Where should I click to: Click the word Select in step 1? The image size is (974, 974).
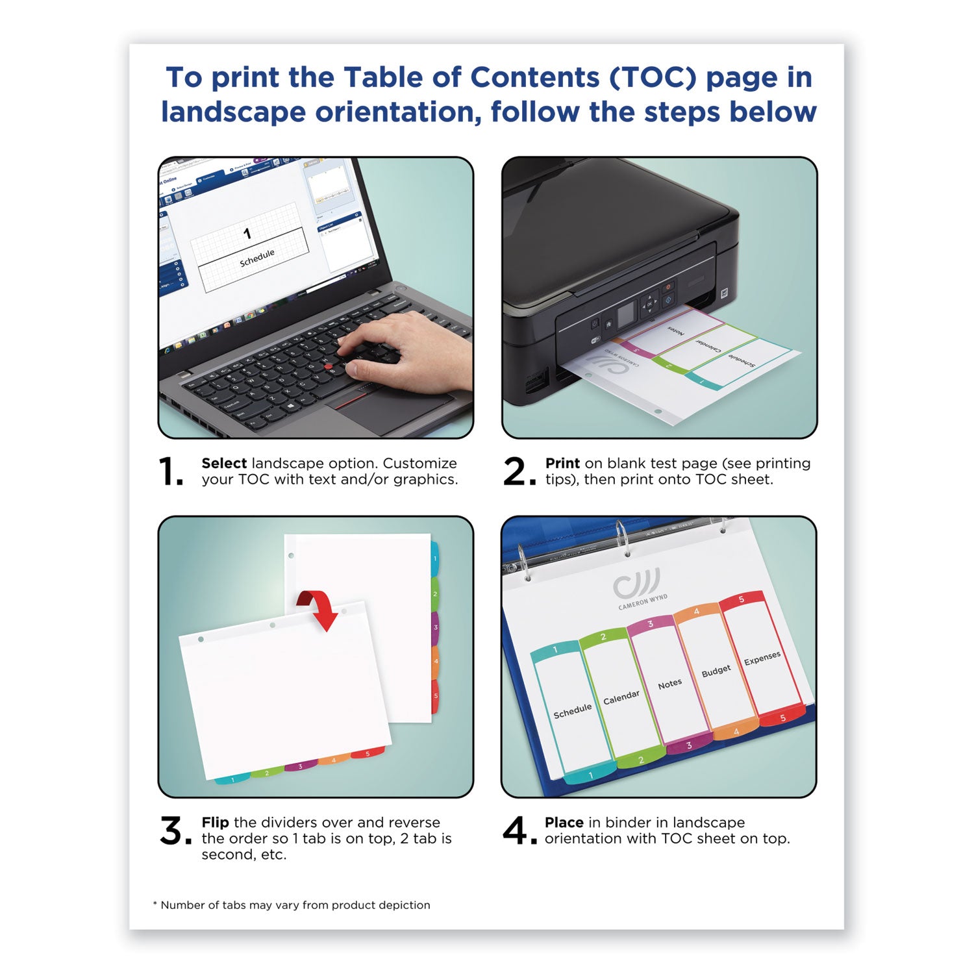click(x=223, y=464)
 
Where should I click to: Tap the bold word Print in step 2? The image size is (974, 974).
click(x=562, y=464)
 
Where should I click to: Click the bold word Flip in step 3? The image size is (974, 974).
click(x=215, y=823)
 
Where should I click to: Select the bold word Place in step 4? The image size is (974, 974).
click(x=564, y=823)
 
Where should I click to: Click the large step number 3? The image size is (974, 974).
click(x=173, y=831)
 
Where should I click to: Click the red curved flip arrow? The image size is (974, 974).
click(x=319, y=608)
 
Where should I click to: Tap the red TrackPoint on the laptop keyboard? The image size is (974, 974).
click(x=329, y=368)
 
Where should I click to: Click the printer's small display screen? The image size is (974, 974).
click(x=625, y=314)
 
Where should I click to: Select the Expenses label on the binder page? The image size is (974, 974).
click(x=762, y=658)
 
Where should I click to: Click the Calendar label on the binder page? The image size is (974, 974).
click(x=621, y=698)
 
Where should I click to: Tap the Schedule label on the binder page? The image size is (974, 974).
click(x=572, y=711)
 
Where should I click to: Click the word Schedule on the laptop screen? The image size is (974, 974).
click(x=257, y=258)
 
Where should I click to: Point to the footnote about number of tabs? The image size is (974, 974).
click(x=292, y=905)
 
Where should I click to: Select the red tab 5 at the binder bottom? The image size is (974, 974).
click(x=782, y=717)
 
